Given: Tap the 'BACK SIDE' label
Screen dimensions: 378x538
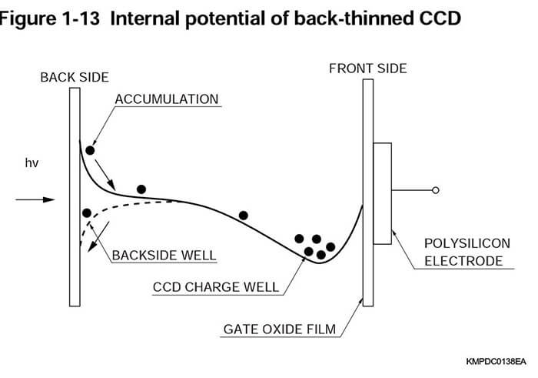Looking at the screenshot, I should [x=75, y=77].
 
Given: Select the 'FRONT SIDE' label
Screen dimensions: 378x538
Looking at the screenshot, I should [x=367, y=69].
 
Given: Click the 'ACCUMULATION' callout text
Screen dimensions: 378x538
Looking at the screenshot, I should [x=167, y=99].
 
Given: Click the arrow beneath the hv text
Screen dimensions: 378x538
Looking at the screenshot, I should [x=35, y=199].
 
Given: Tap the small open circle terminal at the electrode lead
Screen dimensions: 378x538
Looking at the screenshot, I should [x=436, y=189].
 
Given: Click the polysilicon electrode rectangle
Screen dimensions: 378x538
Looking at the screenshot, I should [x=382, y=189].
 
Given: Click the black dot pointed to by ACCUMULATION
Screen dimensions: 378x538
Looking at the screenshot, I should [x=91, y=150].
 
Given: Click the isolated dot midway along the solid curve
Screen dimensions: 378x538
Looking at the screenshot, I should [x=244, y=216].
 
